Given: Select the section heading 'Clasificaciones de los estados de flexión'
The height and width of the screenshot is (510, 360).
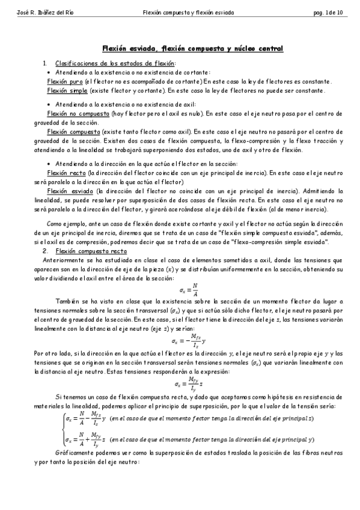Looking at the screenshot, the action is (115, 63).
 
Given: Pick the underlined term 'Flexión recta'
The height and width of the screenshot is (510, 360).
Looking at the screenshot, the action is (65, 173).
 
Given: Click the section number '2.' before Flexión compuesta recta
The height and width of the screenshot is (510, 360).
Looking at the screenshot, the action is (44, 250).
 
